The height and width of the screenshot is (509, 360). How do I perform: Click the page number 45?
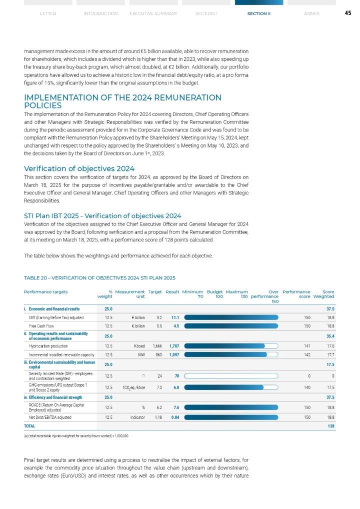click(x=347, y=13)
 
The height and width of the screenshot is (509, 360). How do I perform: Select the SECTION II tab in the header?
click(x=258, y=13)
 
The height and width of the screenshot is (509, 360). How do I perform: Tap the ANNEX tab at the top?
click(x=311, y=13)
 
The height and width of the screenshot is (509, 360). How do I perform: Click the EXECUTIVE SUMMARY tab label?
click(x=153, y=13)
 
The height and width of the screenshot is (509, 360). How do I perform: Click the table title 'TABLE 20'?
click(x=99, y=277)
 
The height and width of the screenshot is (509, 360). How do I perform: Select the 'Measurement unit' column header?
click(x=130, y=294)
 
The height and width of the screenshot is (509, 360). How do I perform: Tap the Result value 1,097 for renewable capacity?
click(x=173, y=354)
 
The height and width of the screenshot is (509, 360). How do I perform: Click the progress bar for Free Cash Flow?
click(x=231, y=326)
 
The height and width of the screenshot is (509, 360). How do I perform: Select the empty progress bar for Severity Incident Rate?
click(x=231, y=375)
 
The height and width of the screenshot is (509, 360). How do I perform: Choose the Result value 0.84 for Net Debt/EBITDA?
click(x=174, y=416)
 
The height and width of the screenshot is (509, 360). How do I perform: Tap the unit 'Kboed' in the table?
click(x=139, y=345)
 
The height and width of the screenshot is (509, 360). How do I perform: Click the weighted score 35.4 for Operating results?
click(x=329, y=336)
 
